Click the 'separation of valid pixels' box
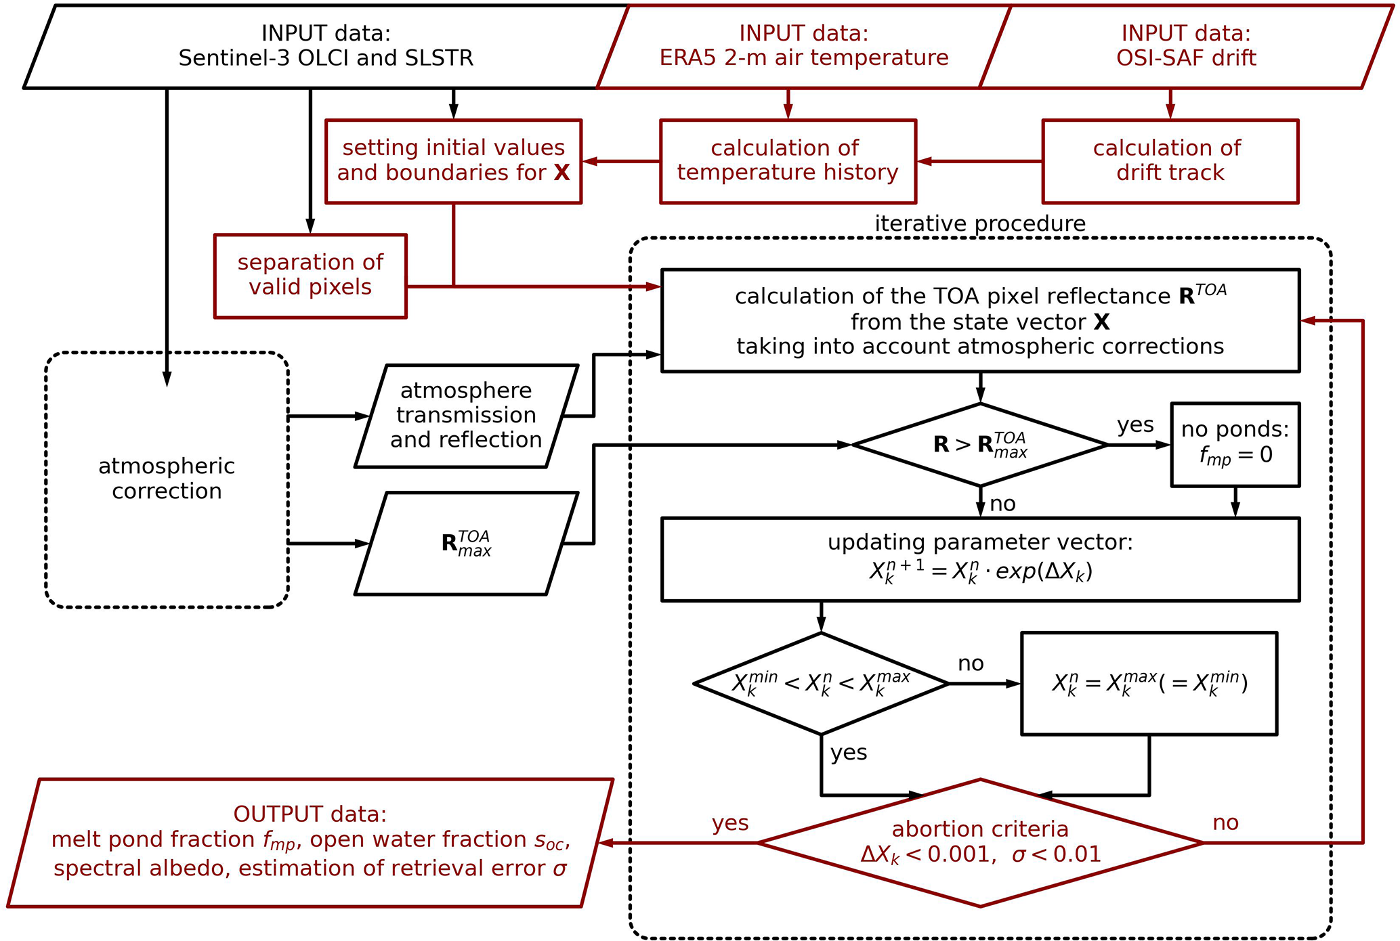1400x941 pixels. (x=310, y=276)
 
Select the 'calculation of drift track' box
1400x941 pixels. (x=1170, y=161)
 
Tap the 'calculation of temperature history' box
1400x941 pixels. (x=788, y=161)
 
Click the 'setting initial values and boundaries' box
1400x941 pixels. (x=453, y=161)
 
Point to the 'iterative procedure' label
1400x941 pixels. (x=979, y=223)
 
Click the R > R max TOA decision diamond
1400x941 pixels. (x=979, y=445)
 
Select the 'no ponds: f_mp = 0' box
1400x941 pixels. (x=1235, y=445)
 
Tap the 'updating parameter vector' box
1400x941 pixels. (x=979, y=559)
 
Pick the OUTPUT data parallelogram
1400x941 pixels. (x=310, y=843)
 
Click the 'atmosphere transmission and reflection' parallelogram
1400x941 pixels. (x=466, y=416)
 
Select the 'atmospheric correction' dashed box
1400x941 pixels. (x=167, y=479)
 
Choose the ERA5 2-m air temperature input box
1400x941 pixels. (x=803, y=46)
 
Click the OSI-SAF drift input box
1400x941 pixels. (x=1185, y=46)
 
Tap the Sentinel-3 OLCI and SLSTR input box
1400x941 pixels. (x=325, y=46)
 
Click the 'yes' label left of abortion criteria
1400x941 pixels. (x=730, y=823)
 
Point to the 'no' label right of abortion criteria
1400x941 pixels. (x=1225, y=823)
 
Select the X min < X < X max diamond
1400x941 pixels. (x=821, y=684)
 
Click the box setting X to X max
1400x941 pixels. (x=1149, y=684)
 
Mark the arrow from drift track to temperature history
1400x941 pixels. (x=979, y=161)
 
